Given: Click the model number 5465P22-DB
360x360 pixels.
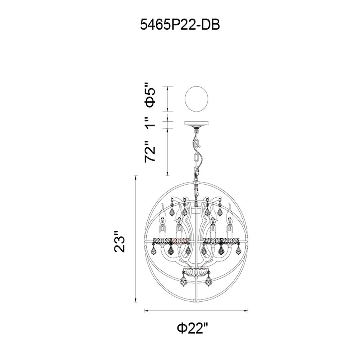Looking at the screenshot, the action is [x=180, y=24].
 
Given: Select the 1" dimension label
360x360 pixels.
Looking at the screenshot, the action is [x=150, y=122].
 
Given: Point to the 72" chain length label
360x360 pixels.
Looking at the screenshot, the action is [x=150, y=152].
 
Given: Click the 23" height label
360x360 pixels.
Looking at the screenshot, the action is [x=120, y=242].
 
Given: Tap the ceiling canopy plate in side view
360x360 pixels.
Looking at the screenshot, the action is [x=197, y=123].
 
